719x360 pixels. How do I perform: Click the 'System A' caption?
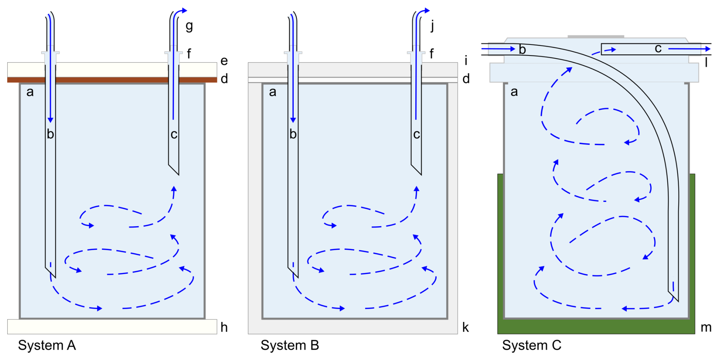(x=47, y=345)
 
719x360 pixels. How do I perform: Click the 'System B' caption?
(x=290, y=345)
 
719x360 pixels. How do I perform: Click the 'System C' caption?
(x=531, y=345)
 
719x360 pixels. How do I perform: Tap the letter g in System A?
(x=189, y=27)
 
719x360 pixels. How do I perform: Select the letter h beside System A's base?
(x=224, y=327)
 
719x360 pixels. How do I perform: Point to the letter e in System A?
(x=224, y=61)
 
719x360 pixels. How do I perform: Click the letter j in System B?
(x=432, y=27)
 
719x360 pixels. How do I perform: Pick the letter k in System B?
(x=466, y=327)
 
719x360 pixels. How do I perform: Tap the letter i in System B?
(x=466, y=60)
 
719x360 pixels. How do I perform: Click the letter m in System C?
(x=706, y=327)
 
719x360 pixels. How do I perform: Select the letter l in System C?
(x=706, y=62)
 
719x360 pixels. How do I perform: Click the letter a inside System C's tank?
(x=514, y=92)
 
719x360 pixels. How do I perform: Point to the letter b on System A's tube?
(x=50, y=134)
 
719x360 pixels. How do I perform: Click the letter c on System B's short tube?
(x=417, y=134)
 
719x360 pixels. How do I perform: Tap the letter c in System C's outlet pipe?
(x=658, y=48)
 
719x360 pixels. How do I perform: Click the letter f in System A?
(x=189, y=54)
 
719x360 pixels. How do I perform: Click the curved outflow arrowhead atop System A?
(x=184, y=10)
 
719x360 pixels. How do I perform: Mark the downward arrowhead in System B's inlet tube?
(x=293, y=120)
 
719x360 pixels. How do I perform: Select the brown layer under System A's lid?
(x=112, y=80)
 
